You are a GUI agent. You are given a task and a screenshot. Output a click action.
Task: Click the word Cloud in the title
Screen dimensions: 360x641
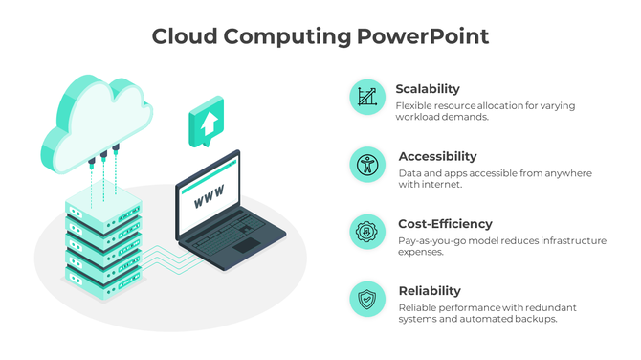[183, 37]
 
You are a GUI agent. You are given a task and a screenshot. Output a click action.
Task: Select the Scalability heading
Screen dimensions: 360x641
[428, 89]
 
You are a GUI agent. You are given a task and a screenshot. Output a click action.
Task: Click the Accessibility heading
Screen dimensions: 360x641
[437, 156]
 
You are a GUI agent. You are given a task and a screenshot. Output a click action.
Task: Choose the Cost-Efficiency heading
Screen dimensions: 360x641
[445, 224]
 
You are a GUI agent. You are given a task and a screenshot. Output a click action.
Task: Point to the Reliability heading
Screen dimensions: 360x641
[430, 291]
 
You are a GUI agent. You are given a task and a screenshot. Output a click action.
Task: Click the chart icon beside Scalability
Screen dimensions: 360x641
[366, 97]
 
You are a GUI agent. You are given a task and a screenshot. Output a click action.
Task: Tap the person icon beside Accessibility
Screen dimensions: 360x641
[366, 164]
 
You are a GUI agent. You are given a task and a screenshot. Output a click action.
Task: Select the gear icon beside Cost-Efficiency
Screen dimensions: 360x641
[366, 232]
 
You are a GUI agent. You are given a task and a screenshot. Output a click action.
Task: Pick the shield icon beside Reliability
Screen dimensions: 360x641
[366, 299]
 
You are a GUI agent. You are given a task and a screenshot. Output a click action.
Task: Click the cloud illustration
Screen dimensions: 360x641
[96, 120]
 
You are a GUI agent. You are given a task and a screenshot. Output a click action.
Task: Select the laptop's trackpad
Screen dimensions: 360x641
[246, 245]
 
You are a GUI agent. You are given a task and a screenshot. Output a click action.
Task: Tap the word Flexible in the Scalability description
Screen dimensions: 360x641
[414, 105]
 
